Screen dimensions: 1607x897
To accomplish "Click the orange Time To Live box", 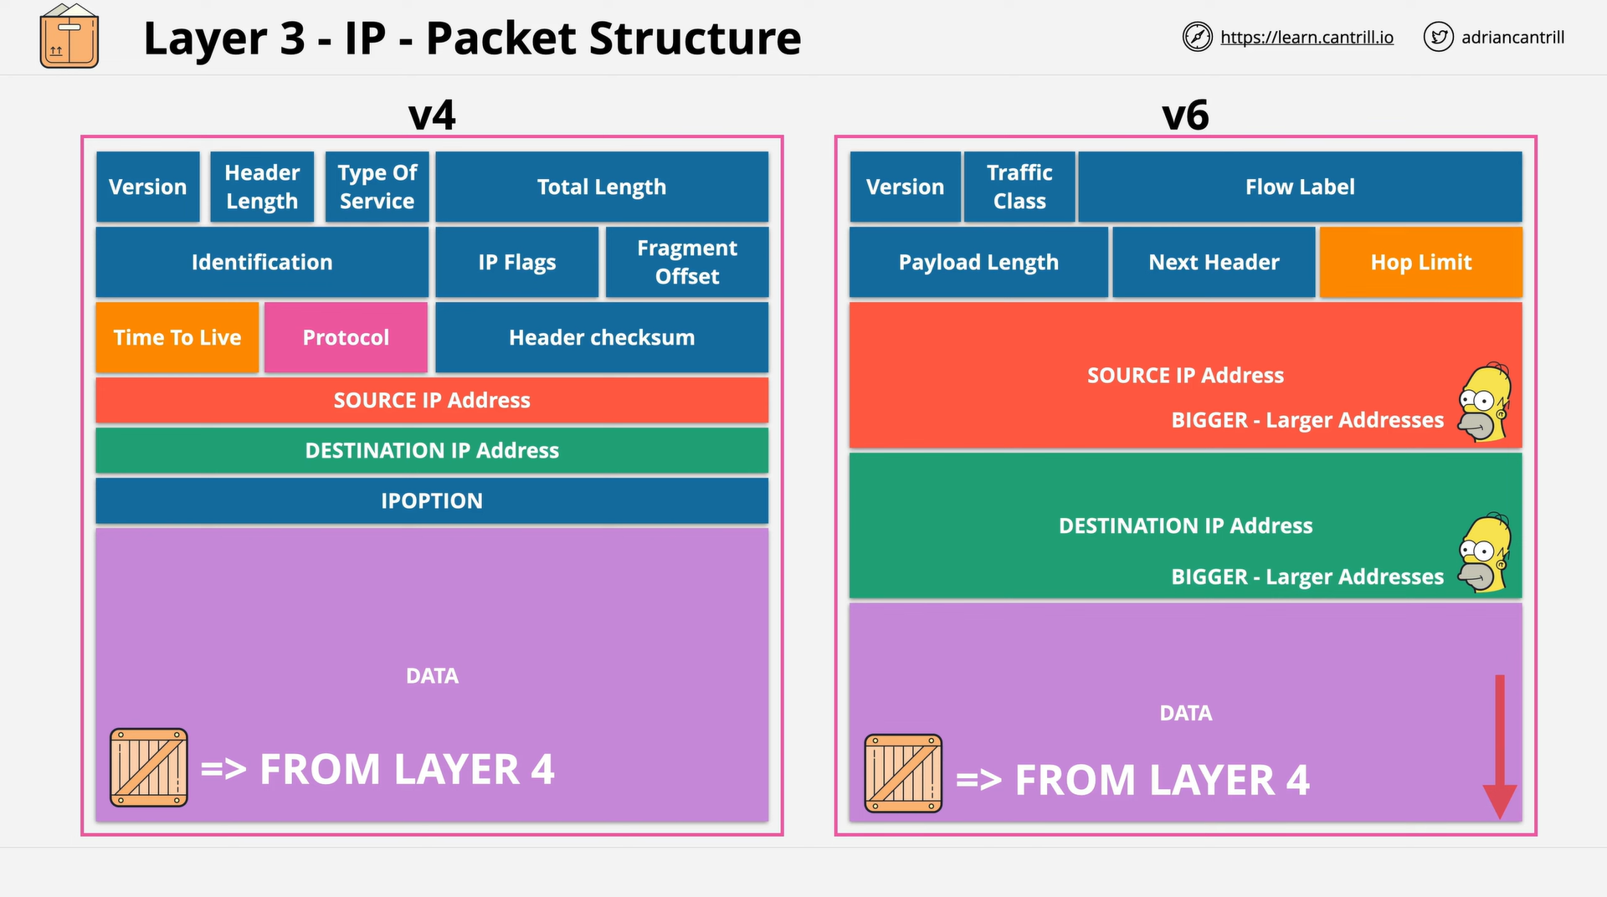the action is tap(177, 337).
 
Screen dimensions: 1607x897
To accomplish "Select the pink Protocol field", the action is tap(346, 337).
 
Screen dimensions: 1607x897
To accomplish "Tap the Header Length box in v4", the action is tap(262, 187).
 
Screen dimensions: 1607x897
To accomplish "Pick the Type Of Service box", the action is tap(377, 187).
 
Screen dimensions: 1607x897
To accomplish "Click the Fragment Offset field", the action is tap(687, 262).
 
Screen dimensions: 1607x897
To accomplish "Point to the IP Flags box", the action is tap(517, 262).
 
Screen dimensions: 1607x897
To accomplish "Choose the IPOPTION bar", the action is tap(432, 500).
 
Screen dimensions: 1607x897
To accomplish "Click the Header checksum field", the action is tap(602, 337).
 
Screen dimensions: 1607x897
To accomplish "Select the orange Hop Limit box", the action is tap(1421, 262).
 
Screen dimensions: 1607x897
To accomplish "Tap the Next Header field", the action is tap(1214, 262).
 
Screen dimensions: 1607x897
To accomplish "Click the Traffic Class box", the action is tap(1019, 187).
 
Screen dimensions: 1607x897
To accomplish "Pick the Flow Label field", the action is tap(1300, 187).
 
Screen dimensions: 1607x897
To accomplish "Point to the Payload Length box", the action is tap(978, 262).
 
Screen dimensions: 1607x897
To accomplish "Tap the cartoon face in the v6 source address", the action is tap(1486, 402).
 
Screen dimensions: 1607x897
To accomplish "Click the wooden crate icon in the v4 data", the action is tap(149, 767).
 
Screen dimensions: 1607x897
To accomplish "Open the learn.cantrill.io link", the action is tap(1307, 38).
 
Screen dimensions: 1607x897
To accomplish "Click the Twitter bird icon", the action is tap(1439, 37).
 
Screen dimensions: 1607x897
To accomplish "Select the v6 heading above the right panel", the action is tap(1185, 115).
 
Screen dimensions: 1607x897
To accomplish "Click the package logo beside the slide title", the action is tap(69, 36).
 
